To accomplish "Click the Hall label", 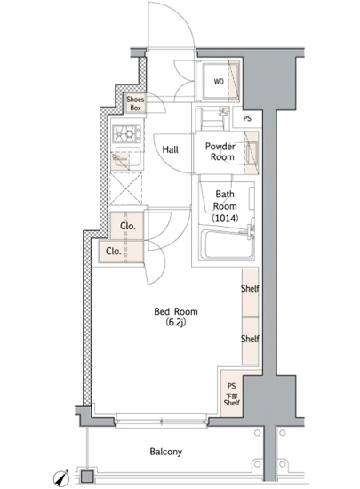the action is pyautogui.click(x=170, y=149).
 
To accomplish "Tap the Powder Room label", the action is pyautogui.click(x=220, y=151).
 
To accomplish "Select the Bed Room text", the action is pyautogui.click(x=176, y=311).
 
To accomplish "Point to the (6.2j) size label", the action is pyautogui.click(x=175, y=323).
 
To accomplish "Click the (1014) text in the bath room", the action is pyautogui.click(x=225, y=218).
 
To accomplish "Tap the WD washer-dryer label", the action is pyautogui.click(x=219, y=82).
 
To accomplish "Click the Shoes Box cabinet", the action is pyautogui.click(x=136, y=103).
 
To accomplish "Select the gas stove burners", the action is pyautogui.click(x=126, y=133).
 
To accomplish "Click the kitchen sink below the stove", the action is pyautogui.click(x=126, y=157).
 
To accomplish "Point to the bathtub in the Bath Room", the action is pyautogui.click(x=227, y=244).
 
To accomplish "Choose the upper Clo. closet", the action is pyautogui.click(x=127, y=226).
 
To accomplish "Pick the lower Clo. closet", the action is pyautogui.click(x=121, y=252).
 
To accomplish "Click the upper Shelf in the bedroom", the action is pyautogui.click(x=251, y=293).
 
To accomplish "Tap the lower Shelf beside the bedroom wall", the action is pyautogui.click(x=251, y=341).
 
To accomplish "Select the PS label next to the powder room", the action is pyautogui.click(x=247, y=119).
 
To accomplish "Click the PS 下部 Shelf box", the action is pyautogui.click(x=232, y=394).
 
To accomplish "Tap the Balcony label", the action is pyautogui.click(x=166, y=452).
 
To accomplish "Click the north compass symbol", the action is pyautogui.click(x=61, y=478).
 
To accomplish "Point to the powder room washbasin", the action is pyautogui.click(x=252, y=153).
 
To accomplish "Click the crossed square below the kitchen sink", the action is pyautogui.click(x=126, y=188).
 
